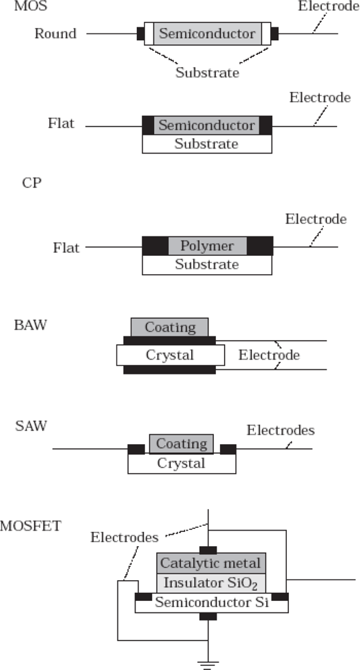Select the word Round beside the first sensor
(x=56, y=33)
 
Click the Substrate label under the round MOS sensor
(x=207, y=72)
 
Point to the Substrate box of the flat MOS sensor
(x=206, y=144)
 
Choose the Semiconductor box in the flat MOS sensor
(x=206, y=125)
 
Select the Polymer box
(x=207, y=246)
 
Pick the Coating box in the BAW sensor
(x=170, y=327)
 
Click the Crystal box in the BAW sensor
(x=170, y=354)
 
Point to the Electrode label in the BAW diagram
(x=269, y=354)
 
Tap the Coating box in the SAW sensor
(x=181, y=444)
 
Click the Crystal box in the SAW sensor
(x=181, y=463)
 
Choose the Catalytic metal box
(x=211, y=563)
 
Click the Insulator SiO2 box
(x=211, y=582)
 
